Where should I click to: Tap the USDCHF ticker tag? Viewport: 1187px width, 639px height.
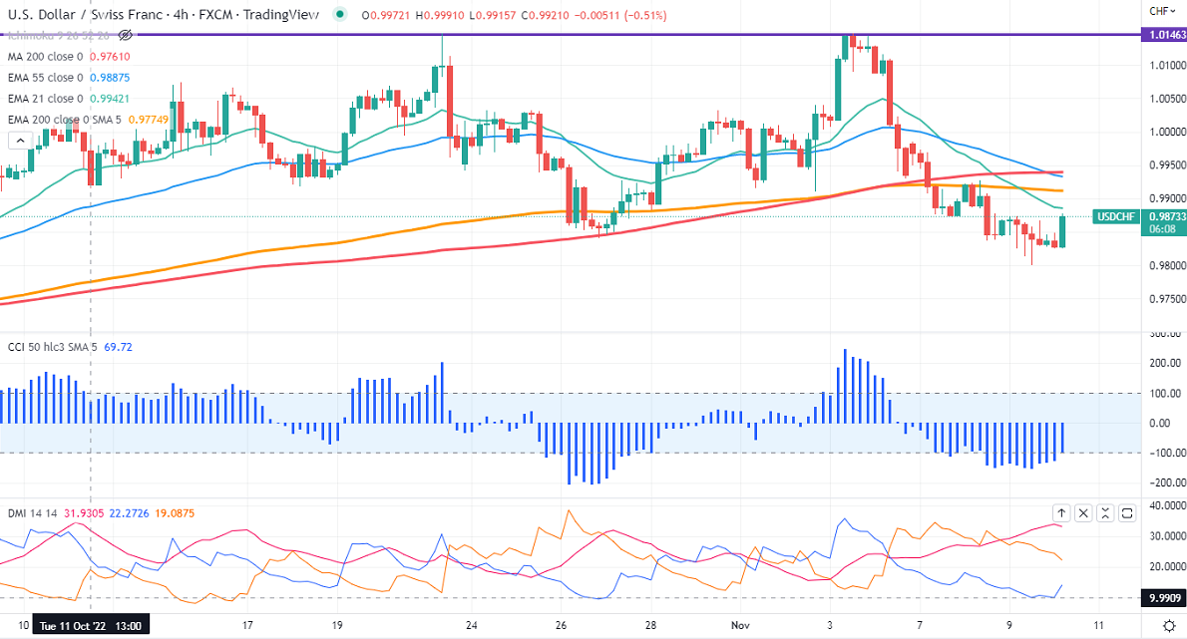[x=1116, y=216]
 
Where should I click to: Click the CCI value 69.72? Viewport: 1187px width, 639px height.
[x=118, y=347]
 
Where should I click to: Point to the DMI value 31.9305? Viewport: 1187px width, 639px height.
[x=85, y=513]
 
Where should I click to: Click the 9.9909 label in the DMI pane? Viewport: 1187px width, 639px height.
[x=1164, y=597]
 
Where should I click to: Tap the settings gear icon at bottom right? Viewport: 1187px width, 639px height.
[x=1168, y=625]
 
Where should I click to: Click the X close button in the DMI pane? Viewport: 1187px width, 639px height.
[x=1084, y=513]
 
